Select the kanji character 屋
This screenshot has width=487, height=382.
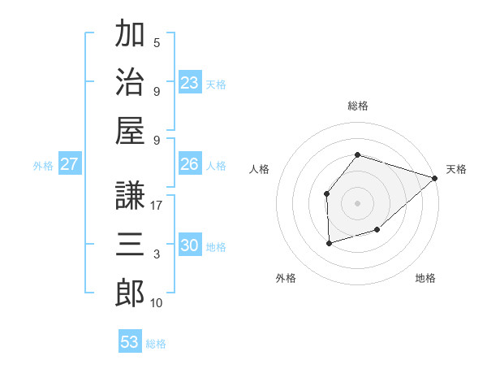click(130, 129)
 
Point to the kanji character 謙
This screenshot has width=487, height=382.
click(130, 194)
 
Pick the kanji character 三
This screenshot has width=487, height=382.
click(130, 243)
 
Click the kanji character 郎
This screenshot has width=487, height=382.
click(130, 293)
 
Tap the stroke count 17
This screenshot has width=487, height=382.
click(157, 206)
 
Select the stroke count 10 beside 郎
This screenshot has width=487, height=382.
click(157, 303)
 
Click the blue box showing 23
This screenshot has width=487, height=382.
click(190, 83)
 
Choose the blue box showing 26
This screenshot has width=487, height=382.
click(190, 164)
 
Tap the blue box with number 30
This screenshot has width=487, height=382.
click(190, 245)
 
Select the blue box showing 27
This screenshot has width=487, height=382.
click(70, 164)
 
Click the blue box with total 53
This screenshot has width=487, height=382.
click(130, 342)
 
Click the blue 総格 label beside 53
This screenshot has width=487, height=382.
click(156, 344)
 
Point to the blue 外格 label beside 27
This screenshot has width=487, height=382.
click(43, 166)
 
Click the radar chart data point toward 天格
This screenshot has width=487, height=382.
click(436, 178)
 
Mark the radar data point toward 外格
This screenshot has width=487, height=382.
click(329, 243)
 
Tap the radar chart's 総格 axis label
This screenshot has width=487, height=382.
click(358, 106)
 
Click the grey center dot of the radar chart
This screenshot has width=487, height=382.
click(358, 202)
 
